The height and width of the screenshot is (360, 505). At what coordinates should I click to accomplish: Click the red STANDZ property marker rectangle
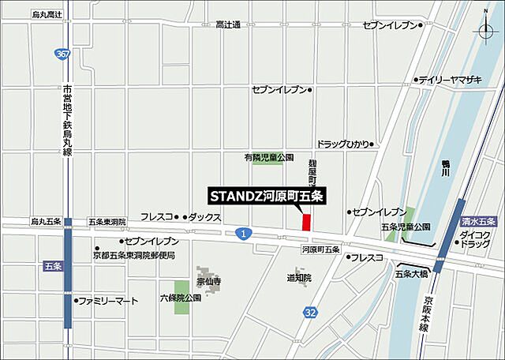pos(306,222)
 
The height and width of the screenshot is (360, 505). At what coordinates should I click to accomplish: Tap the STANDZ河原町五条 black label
pos(268,195)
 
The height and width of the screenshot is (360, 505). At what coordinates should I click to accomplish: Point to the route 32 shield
pos(311,313)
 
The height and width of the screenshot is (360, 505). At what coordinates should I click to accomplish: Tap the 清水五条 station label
pos(477,223)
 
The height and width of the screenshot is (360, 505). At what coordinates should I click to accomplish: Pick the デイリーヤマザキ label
pos(451,80)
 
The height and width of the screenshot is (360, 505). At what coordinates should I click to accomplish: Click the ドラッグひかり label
pos(342,144)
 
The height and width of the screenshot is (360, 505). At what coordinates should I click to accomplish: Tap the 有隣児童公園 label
pos(268,158)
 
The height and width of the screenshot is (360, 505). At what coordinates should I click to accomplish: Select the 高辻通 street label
pos(228,25)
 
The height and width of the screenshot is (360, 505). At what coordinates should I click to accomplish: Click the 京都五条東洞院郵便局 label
pos(133,255)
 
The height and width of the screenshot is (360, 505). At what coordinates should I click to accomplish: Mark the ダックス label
pos(204,216)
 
